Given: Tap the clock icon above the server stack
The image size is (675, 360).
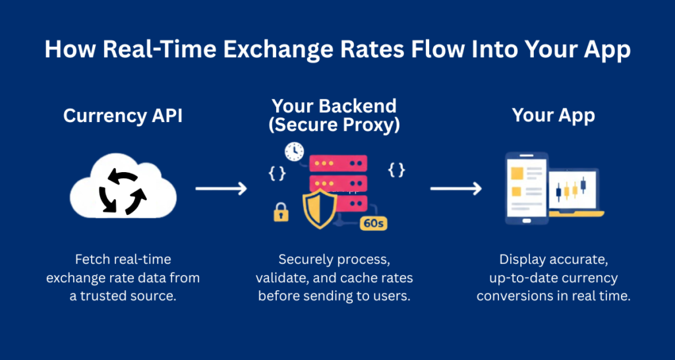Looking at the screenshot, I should (293, 151).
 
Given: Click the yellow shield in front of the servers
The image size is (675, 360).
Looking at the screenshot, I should (320, 208).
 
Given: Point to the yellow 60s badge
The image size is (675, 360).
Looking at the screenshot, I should (373, 223).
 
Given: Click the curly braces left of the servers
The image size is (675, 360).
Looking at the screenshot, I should (277, 173).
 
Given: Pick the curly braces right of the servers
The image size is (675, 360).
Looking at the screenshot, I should (396, 170).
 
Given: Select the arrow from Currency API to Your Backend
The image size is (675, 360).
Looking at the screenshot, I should (221, 189).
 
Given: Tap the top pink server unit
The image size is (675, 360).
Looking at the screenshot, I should (338, 162).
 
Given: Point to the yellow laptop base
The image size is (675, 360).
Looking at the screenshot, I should (577, 214).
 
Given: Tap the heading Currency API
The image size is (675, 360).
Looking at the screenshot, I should (122, 116).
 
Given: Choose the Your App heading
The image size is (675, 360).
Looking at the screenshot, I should (554, 116).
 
